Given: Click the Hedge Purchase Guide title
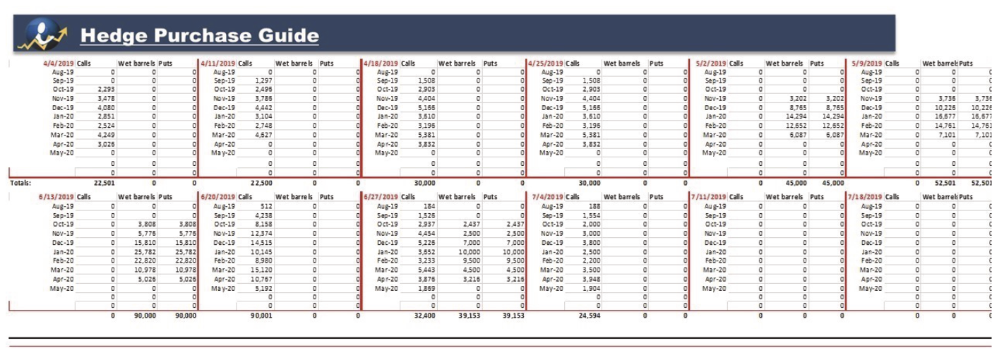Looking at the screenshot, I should click(199, 35).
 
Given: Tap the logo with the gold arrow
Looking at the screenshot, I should click(44, 35).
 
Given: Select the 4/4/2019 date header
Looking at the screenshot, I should click(58, 64).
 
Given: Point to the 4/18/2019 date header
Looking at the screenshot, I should click(381, 64).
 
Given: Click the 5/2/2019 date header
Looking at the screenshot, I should click(710, 64).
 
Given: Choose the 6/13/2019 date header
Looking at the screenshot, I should click(56, 197).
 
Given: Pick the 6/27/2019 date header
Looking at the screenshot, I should click(381, 197).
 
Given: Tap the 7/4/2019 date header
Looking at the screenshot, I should click(548, 197).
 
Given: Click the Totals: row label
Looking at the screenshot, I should click(20, 182).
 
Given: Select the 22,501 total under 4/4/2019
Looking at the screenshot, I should click(104, 182).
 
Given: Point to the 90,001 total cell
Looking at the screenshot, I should click(261, 316).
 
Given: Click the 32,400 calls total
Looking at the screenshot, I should click(424, 316).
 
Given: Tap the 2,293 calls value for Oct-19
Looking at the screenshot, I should click(106, 90).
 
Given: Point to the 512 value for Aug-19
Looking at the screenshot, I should click(266, 206).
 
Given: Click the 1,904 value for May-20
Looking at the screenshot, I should click(590, 288).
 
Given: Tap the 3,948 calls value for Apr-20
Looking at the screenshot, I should click(590, 279).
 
